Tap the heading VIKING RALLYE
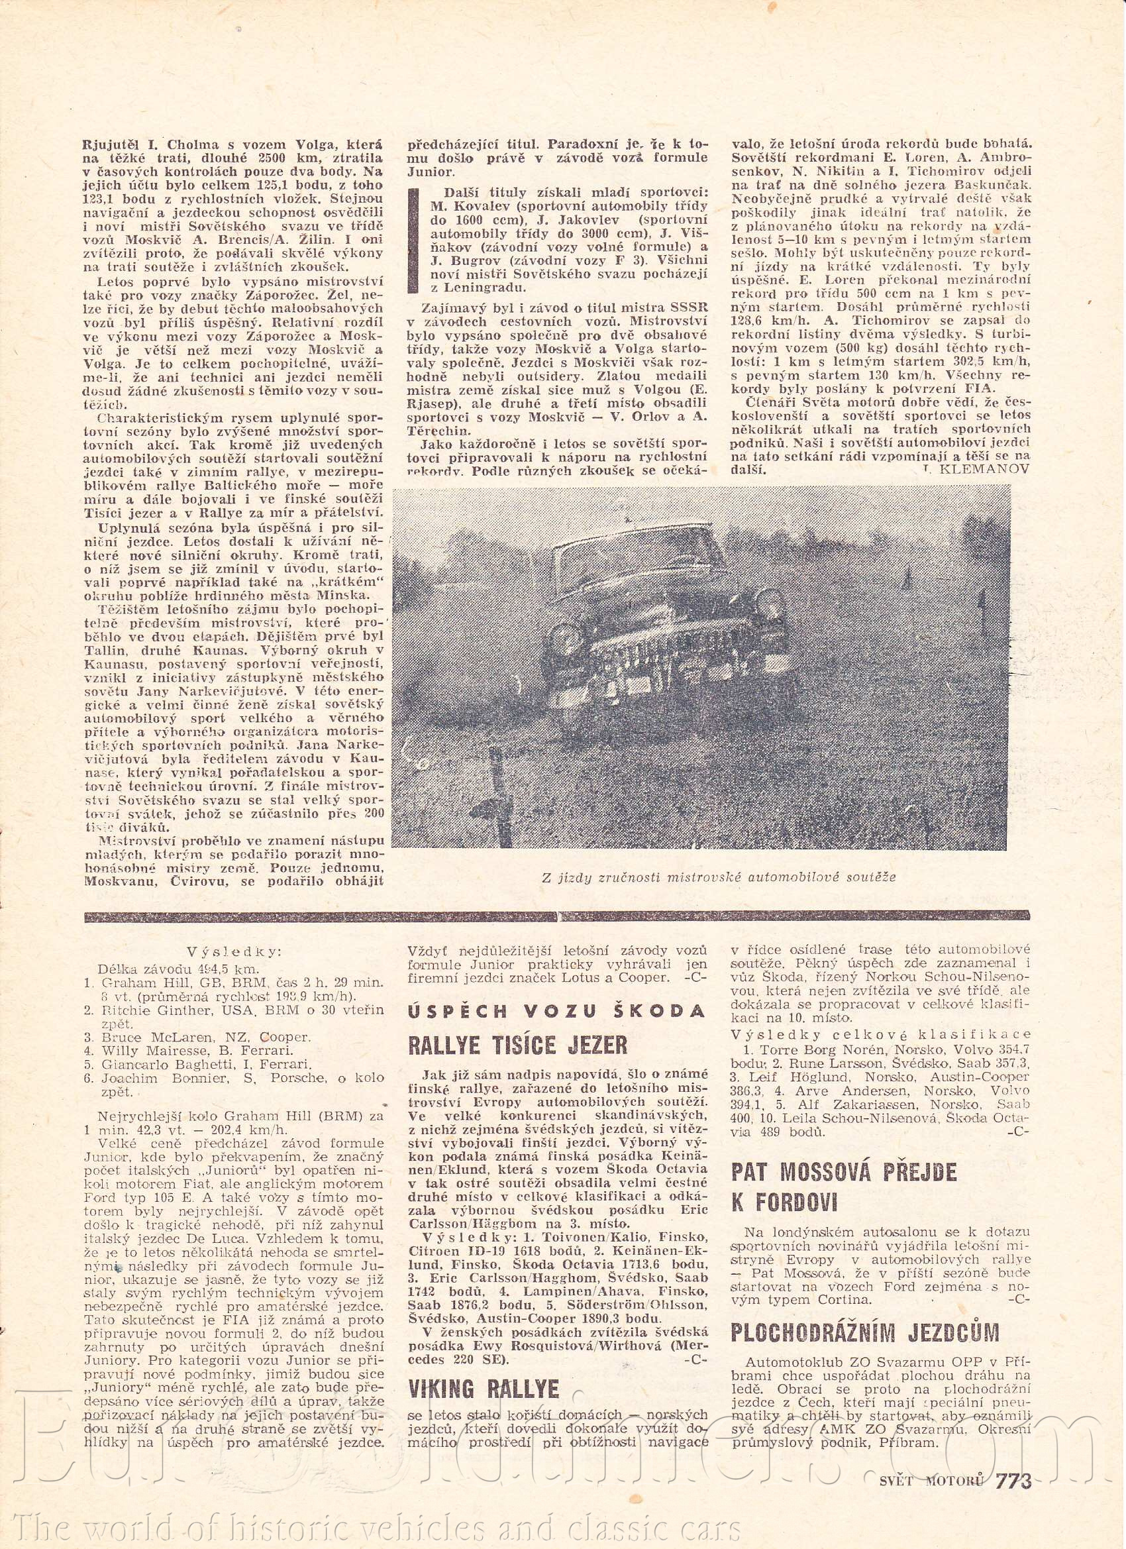point(484,1351)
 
